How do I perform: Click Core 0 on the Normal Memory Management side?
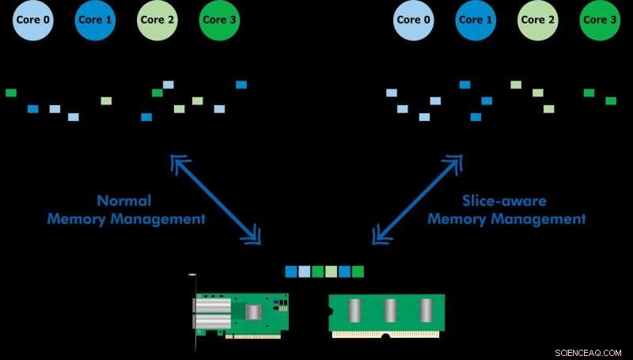pos(33,20)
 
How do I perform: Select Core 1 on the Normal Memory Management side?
pos(96,20)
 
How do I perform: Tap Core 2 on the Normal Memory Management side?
pos(158,20)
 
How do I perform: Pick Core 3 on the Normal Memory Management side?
pos(221,20)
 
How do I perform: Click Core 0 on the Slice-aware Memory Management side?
pos(414,20)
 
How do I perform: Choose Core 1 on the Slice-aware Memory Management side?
pos(476,20)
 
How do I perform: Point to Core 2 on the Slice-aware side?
pos(538,20)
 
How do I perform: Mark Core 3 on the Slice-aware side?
pos(601,20)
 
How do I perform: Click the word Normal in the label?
pos(123,201)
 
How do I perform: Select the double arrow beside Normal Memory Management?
pos(216,198)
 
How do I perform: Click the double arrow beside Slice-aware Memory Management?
pos(418,198)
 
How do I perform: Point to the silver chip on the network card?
pos(253,313)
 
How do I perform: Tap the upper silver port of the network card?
pos(213,305)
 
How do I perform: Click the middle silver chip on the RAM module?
pos(389,310)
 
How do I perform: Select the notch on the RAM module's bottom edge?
pos(385,335)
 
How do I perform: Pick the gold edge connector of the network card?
pos(252,335)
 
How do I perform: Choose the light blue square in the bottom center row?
pos(304,272)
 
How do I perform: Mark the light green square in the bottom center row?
pos(331,272)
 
